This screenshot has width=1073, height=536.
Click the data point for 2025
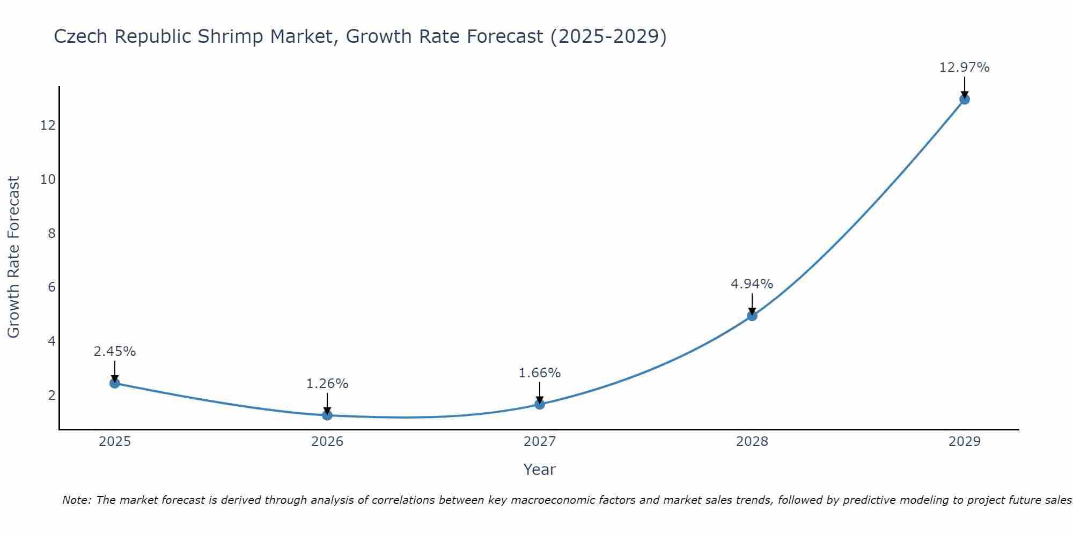click(114, 383)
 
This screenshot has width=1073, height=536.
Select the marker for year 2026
click(327, 415)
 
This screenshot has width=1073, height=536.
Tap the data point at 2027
click(540, 404)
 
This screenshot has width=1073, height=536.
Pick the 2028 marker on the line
click(752, 316)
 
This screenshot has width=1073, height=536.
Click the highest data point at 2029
click(965, 99)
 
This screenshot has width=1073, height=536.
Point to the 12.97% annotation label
click(964, 68)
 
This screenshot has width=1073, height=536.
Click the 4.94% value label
click(752, 284)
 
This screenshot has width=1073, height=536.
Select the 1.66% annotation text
click(539, 373)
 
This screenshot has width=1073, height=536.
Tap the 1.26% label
click(327, 384)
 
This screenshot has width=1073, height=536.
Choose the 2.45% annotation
click(114, 352)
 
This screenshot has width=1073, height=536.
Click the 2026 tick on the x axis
click(327, 442)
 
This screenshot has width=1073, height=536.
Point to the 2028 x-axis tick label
click(752, 442)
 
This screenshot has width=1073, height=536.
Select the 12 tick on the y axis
click(48, 125)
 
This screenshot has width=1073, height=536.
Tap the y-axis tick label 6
click(52, 287)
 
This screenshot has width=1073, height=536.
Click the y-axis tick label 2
click(52, 396)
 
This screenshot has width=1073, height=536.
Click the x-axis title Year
click(539, 470)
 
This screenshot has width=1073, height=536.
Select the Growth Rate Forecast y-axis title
click(13, 257)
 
